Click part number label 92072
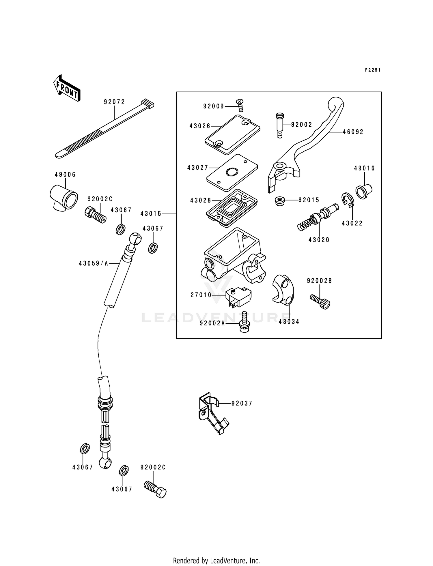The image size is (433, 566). (115, 102)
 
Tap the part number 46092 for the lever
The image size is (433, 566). (353, 132)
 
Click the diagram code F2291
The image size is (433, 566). (373, 70)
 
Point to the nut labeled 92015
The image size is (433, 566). (279, 200)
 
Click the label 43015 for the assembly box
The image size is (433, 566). (151, 214)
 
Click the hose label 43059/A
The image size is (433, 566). (94, 263)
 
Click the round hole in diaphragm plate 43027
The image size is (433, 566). (232, 173)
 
